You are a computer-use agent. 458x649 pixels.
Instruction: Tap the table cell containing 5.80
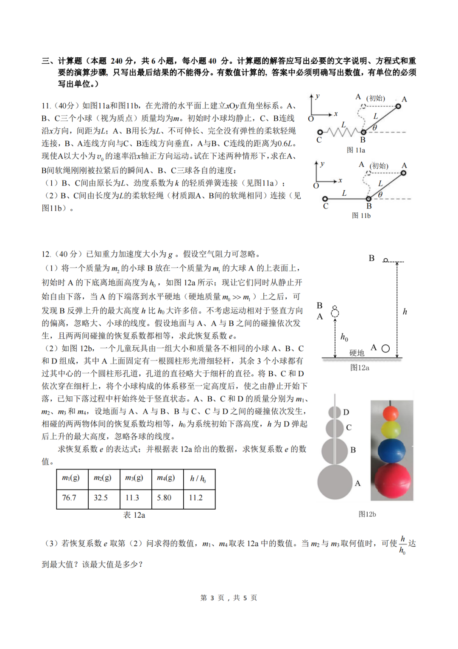pyautogui.click(x=168, y=498)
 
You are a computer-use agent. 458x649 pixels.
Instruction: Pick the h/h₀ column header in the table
pyautogui.click(x=199, y=479)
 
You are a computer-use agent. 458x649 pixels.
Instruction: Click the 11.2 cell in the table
pyautogui.click(x=199, y=498)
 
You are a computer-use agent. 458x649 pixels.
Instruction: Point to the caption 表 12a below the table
pyautogui.click(x=134, y=515)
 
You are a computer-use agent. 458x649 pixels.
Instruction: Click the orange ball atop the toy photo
pyautogui.click(x=391, y=413)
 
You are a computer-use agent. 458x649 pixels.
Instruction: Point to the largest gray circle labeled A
pyautogui.click(x=335, y=482)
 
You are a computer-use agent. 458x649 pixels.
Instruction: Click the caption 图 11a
pyautogui.click(x=356, y=150)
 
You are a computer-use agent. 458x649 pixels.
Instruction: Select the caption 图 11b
pyautogui.click(x=361, y=216)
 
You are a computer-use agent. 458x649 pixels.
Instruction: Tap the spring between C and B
pyautogui.click(x=342, y=132)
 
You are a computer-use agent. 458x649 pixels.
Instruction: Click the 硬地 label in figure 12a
pyautogui.click(x=357, y=353)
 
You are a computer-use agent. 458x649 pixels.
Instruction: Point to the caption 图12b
pyautogui.click(x=367, y=514)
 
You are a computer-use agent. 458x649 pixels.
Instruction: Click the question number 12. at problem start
pyautogui.click(x=46, y=254)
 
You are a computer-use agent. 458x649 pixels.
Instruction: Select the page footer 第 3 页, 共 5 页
pyautogui.click(x=229, y=598)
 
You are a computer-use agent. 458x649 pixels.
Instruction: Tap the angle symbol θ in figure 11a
pyautogui.click(x=375, y=127)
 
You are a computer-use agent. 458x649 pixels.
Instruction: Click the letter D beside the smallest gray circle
pyautogui.click(x=346, y=412)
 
